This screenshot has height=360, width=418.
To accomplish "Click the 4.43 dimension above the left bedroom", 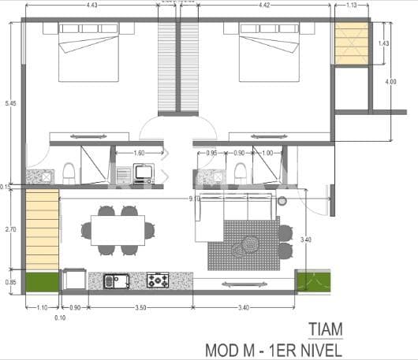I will coord(93,6).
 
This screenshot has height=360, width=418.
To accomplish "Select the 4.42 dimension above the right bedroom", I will coord(266,6).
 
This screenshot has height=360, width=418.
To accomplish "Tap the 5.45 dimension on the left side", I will coord(9,103).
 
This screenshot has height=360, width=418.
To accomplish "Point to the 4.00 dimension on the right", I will coord(391,82).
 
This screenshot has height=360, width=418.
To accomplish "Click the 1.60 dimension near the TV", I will coord(138,153).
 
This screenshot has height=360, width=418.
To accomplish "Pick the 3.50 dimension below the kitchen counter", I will coord(140,308).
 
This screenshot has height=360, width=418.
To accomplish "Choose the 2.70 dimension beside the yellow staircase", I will coord(9,229).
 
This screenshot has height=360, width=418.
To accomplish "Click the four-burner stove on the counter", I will coord(158,280).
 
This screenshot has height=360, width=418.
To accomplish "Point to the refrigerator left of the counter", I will coord(75,280).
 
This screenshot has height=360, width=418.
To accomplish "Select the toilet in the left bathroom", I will coord(69,173).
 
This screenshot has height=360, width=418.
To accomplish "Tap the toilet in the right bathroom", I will coord(240,173).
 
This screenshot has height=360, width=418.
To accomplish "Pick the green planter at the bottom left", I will coord(43,281).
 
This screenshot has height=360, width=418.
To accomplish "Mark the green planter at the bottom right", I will coord(313,280).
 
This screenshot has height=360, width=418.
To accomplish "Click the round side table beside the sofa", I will coord(283,202).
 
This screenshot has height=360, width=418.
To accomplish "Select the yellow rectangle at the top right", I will coord(352,43).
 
